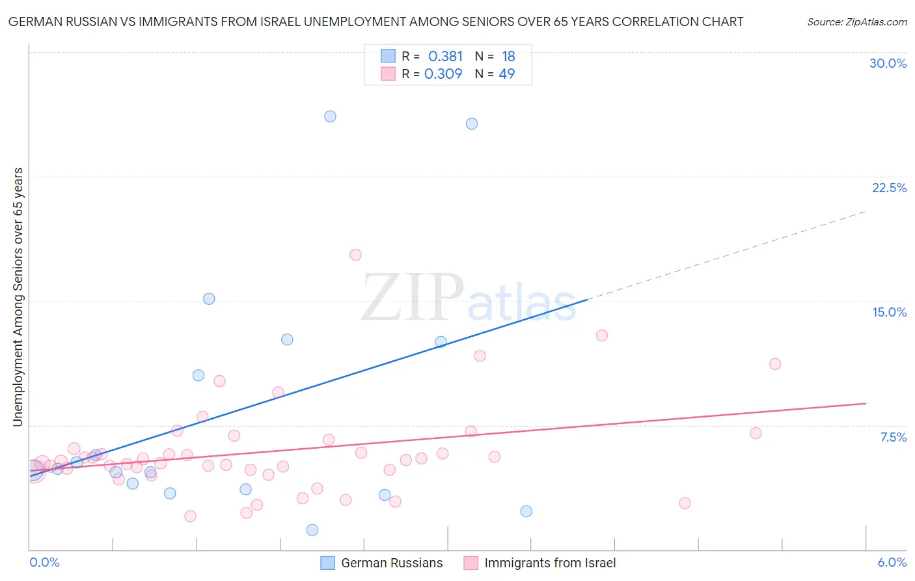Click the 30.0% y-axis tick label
click(x=888, y=63)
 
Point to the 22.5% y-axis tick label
click(x=889, y=188)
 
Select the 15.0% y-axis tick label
click(x=889, y=312)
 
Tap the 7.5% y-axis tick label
click(x=893, y=437)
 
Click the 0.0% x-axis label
click(x=45, y=562)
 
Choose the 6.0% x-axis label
click(x=892, y=562)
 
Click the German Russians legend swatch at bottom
click(x=328, y=563)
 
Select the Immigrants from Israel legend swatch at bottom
click(x=471, y=563)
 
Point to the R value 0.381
click(x=445, y=57)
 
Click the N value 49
click(x=507, y=74)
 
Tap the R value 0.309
click(x=443, y=74)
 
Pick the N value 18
click(x=508, y=57)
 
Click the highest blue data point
click(x=330, y=117)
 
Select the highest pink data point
click(x=355, y=255)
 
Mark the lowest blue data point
click(x=312, y=530)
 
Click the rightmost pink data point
click(x=775, y=364)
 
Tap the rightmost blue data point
click(x=526, y=511)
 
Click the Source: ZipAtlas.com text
click(x=857, y=22)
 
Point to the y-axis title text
click(x=18, y=297)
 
